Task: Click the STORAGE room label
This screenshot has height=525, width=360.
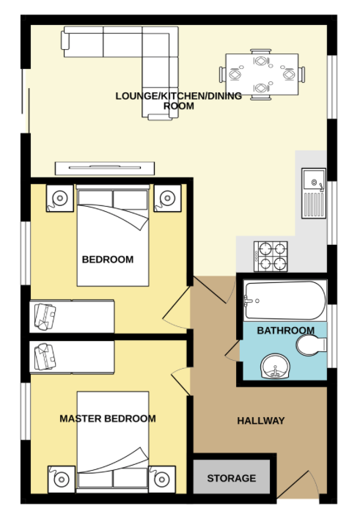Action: [232, 478]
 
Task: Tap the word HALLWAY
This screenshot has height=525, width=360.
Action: [261, 421]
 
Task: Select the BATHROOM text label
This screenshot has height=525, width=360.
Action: [286, 331]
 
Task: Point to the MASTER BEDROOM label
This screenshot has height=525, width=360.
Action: [108, 419]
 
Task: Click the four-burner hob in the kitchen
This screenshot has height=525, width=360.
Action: [271, 257]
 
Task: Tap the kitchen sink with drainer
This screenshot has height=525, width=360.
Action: [314, 193]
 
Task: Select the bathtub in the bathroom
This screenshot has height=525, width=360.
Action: [285, 301]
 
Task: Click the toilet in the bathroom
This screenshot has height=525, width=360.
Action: [312, 345]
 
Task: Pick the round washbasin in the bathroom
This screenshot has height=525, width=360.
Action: [275, 367]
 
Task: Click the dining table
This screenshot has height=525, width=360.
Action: [262, 74]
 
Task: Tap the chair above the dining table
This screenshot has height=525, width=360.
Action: [261, 51]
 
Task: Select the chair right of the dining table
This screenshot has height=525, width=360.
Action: [301, 74]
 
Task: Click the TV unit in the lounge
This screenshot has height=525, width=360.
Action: [105, 168]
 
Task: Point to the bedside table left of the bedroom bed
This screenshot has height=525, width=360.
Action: [60, 198]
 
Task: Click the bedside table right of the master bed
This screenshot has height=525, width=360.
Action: [162, 479]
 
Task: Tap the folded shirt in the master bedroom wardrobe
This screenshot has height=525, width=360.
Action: [45, 357]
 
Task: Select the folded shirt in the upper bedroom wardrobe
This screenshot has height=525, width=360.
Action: [45, 317]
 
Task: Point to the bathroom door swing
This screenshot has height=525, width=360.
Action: [232, 351]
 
